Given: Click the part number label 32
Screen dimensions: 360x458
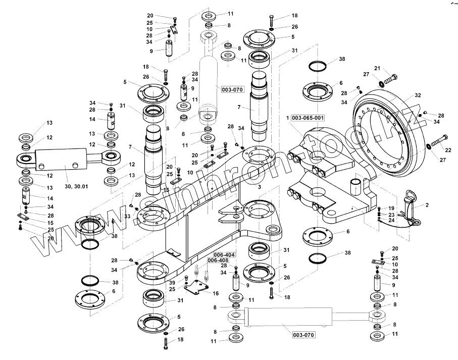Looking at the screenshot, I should tap(418, 95).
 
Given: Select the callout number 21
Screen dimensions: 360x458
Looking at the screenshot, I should tap(377, 69).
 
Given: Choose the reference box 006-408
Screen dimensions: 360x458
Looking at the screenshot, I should tap(218, 261).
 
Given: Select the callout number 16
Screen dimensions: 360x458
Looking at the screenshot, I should tap(216, 293).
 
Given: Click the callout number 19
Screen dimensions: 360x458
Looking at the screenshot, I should tap(391, 209).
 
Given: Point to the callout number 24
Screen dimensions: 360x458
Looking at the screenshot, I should tap(391, 220).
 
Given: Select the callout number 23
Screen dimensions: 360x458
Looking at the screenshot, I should tap(391, 215).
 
